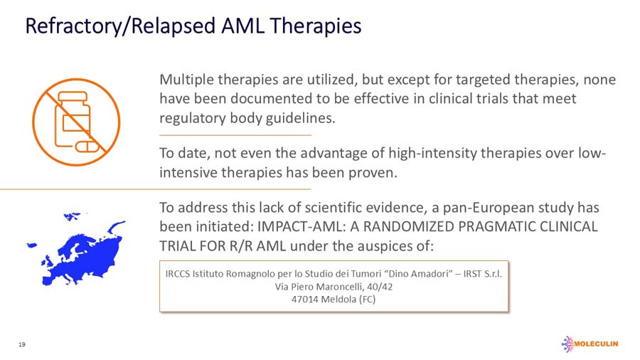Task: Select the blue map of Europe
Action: pyautogui.click(x=74, y=243)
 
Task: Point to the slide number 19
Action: pyautogui.click(x=22, y=344)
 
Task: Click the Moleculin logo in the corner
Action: pyautogui.click(x=590, y=344)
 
